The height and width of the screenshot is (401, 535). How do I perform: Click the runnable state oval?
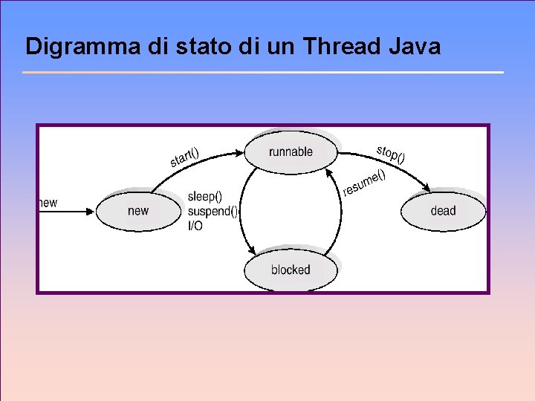pos(291,152)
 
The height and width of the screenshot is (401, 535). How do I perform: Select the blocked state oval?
pos(291,270)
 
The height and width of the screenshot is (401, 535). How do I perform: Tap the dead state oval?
pos(443,211)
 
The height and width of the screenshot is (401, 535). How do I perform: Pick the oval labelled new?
pos(138,211)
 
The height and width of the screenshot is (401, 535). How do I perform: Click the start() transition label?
pos(184,157)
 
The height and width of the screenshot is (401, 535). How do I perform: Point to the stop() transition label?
pos(391,153)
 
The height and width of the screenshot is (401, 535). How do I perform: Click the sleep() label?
pos(205,197)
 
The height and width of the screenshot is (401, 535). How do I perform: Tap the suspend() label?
pos(213,211)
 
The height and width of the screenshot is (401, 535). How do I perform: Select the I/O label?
pos(195,225)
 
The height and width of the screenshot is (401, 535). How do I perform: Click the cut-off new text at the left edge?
pos(48,203)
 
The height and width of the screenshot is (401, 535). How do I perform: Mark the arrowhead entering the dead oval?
pos(426,189)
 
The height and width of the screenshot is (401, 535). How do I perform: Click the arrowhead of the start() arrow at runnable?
pos(239,154)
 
